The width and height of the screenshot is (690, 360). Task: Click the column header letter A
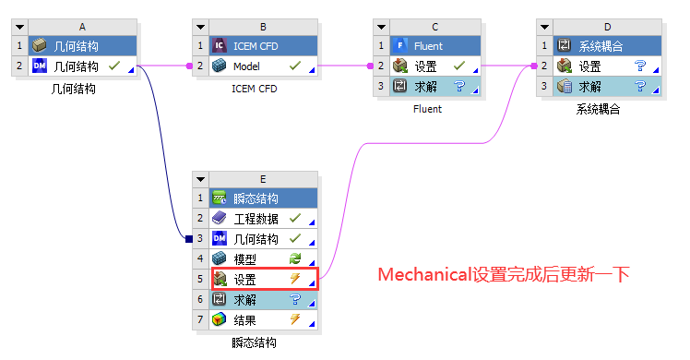(x=82, y=28)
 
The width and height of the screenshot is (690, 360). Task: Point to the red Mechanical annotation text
(x=504, y=275)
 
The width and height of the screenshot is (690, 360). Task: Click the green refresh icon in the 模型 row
(x=295, y=259)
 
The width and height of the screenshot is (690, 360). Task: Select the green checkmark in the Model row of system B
(x=295, y=66)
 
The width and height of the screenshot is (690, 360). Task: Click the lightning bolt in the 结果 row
(x=295, y=320)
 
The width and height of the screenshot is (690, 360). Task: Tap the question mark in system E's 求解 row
(x=295, y=300)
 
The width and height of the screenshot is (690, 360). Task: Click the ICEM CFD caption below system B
(x=254, y=90)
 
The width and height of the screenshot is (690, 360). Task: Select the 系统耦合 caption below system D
(x=598, y=109)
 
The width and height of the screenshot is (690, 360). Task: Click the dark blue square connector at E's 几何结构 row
(x=188, y=239)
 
